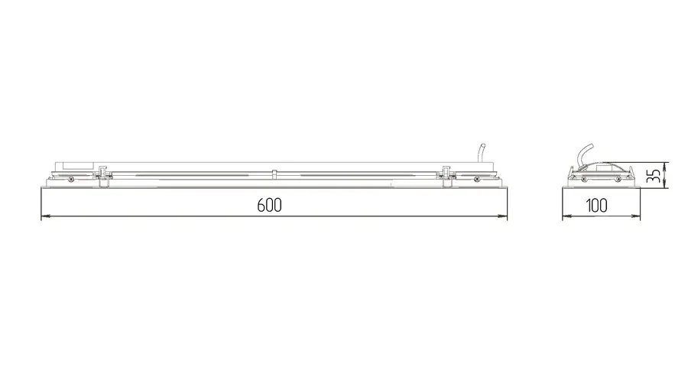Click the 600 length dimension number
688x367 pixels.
tap(269, 205)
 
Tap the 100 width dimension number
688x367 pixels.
tap(597, 205)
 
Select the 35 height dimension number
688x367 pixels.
tap(654, 176)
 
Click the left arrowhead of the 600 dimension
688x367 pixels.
tap(46, 216)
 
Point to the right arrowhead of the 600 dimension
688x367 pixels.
tap(502, 216)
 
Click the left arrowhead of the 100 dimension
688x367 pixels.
tap(567, 216)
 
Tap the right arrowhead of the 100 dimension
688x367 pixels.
tap(635, 216)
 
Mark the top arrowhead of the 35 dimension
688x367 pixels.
tap(666, 167)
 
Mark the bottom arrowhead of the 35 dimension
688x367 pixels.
tap(666, 183)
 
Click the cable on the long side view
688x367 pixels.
tap(481, 152)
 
